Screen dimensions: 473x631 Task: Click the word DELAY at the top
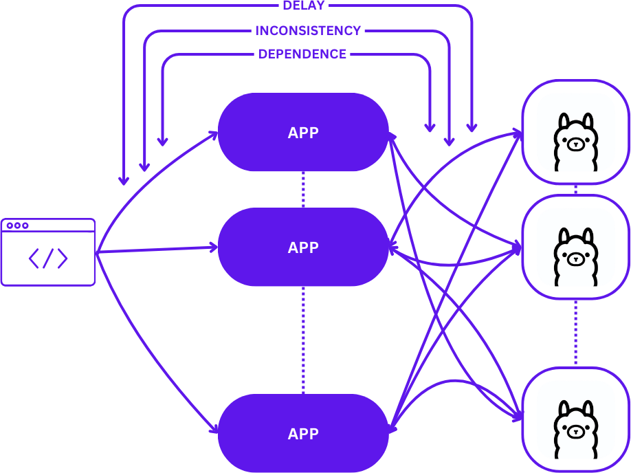click(x=303, y=5)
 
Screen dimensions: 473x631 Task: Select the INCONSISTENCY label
click(x=308, y=31)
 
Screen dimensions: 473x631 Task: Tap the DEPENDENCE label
click(x=302, y=54)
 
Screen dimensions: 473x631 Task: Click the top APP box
click(x=303, y=133)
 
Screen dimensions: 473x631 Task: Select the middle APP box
click(x=303, y=247)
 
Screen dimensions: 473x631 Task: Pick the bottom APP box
click(x=303, y=434)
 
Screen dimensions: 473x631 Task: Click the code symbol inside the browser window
click(x=48, y=258)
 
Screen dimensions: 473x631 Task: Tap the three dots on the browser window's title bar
click(x=16, y=225)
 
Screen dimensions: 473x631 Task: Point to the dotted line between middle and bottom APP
click(x=303, y=340)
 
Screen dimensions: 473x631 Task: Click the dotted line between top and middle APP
click(x=303, y=190)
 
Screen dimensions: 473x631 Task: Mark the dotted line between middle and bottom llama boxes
click(x=575, y=333)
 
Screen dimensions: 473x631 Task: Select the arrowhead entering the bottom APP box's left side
click(x=214, y=430)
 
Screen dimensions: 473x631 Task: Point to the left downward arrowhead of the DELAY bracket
click(x=124, y=180)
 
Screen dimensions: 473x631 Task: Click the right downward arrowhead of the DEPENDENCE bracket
click(x=430, y=127)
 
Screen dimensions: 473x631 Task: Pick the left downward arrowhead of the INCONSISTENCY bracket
click(x=144, y=166)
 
